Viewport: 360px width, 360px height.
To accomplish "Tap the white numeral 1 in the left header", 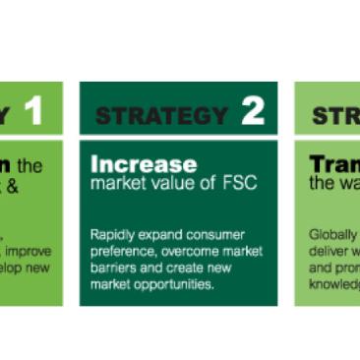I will click(33, 111).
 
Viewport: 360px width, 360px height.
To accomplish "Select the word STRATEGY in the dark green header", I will click(162, 115).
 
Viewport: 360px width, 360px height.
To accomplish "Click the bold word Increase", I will click(144, 163).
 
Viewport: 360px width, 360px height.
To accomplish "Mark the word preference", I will click(124, 253).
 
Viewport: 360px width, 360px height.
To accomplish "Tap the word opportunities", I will click(181, 285).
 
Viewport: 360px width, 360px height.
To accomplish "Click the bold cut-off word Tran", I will click(333, 163).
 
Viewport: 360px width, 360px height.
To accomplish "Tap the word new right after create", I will click(216, 269).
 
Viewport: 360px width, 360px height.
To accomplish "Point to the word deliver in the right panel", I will click(328, 253).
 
